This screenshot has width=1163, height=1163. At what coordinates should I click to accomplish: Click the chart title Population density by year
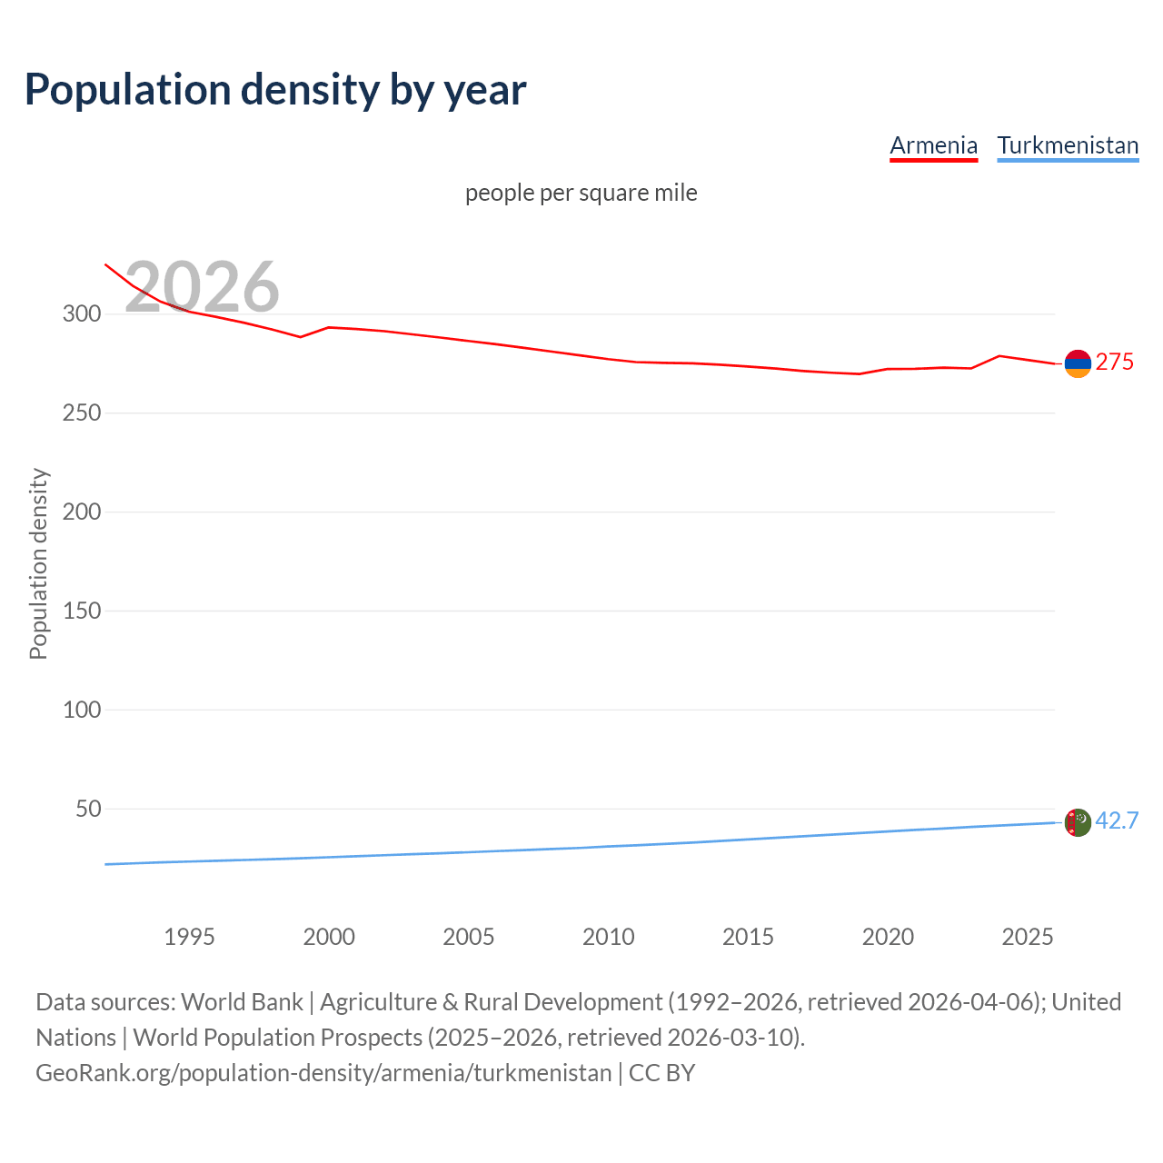coord(275,90)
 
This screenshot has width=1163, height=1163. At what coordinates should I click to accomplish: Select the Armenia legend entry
coord(933,146)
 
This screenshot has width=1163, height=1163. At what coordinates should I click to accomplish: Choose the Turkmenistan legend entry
coord(1068,146)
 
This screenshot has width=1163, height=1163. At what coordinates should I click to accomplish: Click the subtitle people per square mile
coord(581,194)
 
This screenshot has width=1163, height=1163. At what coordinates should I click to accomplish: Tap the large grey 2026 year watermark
coord(202,287)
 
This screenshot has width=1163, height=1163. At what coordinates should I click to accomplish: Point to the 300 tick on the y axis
coord(81,314)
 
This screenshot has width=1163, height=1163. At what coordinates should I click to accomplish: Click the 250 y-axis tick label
coord(81,413)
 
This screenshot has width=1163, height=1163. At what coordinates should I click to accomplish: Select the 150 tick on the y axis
coord(81,611)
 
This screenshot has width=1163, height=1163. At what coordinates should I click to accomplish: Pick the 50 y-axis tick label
coord(87,809)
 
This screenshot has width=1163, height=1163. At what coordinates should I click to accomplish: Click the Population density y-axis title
coord(38,563)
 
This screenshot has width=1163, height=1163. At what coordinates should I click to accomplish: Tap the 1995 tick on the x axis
coord(189,937)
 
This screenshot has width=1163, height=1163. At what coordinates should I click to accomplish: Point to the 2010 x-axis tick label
coord(608,937)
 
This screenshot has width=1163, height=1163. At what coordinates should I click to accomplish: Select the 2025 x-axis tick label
coord(1027,937)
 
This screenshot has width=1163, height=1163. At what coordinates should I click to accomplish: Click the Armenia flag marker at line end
coord(1078,363)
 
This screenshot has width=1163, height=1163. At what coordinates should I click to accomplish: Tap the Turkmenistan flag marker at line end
coord(1078,822)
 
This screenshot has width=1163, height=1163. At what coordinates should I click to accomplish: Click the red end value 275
coord(1114,363)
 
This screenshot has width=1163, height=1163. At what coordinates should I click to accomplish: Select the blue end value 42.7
coord(1117,821)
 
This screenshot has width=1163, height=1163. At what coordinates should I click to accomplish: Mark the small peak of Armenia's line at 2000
coord(329,327)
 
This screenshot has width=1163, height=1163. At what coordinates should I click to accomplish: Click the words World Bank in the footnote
coord(242,1002)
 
